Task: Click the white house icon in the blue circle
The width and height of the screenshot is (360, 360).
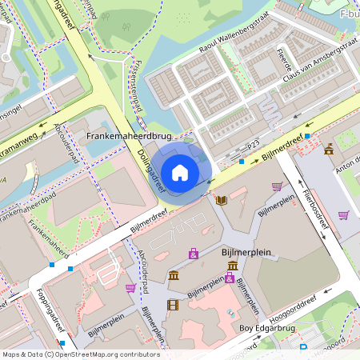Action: click(180, 172)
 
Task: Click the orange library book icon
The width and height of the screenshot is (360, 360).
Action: click(222, 199)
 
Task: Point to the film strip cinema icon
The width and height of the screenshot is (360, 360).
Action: click(173, 304)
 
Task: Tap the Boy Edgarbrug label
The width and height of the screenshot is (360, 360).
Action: click(272, 328)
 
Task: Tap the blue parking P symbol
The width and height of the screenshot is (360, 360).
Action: click(303, 348)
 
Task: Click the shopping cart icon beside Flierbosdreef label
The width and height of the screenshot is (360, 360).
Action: click(343, 214)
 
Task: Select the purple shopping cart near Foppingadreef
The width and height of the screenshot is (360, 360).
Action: click(130, 288)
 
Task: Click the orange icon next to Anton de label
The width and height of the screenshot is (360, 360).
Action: click(329, 149)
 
